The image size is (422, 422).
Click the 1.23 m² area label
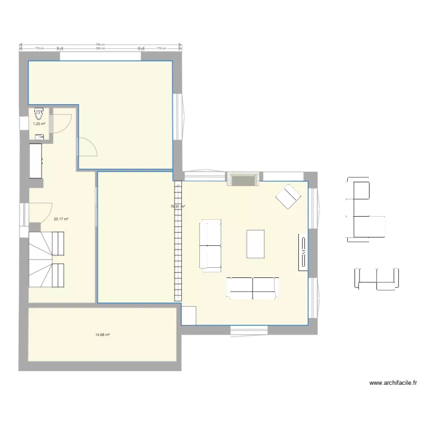(39, 124)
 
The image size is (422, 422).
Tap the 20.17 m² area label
(61, 219)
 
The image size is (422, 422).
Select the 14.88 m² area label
(102, 335)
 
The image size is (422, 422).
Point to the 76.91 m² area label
(178, 206)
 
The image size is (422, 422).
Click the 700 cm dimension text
(100, 44)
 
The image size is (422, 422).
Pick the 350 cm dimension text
(100, 49)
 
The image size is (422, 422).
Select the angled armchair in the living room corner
(289, 196)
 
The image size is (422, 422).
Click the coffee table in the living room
(255, 244)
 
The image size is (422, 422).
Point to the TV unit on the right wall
(302, 251)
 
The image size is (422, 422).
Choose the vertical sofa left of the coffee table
(210, 246)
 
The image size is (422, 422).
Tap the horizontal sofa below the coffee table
(253, 287)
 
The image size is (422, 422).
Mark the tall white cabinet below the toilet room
(35, 161)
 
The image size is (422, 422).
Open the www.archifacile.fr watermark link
(393, 383)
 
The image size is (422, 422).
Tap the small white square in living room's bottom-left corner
(188, 316)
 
